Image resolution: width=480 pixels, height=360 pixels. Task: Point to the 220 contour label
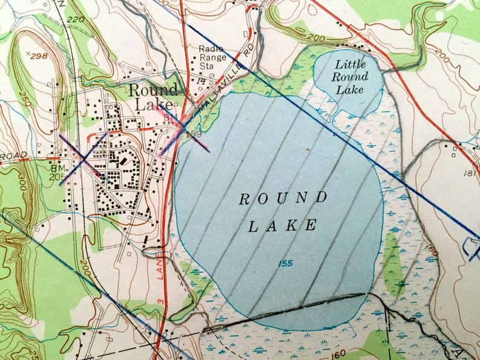(76, 19)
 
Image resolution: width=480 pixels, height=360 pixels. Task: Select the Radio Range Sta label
(212, 57)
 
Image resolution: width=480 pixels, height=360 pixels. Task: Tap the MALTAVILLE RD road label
(225, 78)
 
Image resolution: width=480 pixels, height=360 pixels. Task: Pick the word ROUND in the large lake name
(283, 198)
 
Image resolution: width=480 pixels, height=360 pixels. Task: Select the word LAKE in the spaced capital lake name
(283, 226)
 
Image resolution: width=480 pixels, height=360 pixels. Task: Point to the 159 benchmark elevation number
(193, 133)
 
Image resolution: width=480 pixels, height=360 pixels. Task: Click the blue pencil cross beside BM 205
(83, 158)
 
